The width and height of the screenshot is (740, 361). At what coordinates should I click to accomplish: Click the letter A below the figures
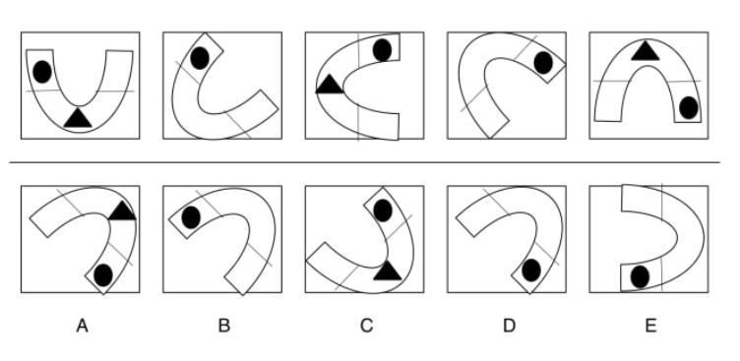pos(82,326)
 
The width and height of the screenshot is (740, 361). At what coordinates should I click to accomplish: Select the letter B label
pos(224,326)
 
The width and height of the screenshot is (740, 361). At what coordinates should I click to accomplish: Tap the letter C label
pos(367,326)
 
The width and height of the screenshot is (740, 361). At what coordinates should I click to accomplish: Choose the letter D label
pos(509,326)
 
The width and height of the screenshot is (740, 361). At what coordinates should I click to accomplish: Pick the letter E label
pos(650,326)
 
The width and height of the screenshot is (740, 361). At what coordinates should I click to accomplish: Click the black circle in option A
pos(103,275)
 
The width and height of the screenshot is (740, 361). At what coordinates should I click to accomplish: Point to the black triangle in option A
pos(123,211)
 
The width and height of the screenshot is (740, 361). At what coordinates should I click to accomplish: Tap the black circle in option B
pos(191,217)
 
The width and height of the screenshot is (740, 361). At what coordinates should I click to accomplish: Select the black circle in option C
pos(382,211)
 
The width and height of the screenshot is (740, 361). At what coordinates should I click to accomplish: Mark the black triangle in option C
pos(388,271)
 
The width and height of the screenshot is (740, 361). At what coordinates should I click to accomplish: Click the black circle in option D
pos(531,271)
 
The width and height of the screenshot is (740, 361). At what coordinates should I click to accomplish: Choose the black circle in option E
pos(640,277)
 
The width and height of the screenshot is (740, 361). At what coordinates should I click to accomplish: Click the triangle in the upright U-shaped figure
pos(78,117)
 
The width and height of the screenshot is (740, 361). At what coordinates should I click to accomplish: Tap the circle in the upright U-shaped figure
pos(42,72)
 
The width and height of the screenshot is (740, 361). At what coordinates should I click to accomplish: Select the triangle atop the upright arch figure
pos(646,50)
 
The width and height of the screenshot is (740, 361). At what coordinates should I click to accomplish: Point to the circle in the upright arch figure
pos(689,107)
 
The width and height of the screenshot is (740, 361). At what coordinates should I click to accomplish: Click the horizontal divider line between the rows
pos(365,162)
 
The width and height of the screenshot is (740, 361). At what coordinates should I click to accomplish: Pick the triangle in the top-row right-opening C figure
pos(330,84)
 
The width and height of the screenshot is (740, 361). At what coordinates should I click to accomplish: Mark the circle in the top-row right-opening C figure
pos(382,50)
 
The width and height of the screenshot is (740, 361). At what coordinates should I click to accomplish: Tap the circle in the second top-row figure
pos(200,58)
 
